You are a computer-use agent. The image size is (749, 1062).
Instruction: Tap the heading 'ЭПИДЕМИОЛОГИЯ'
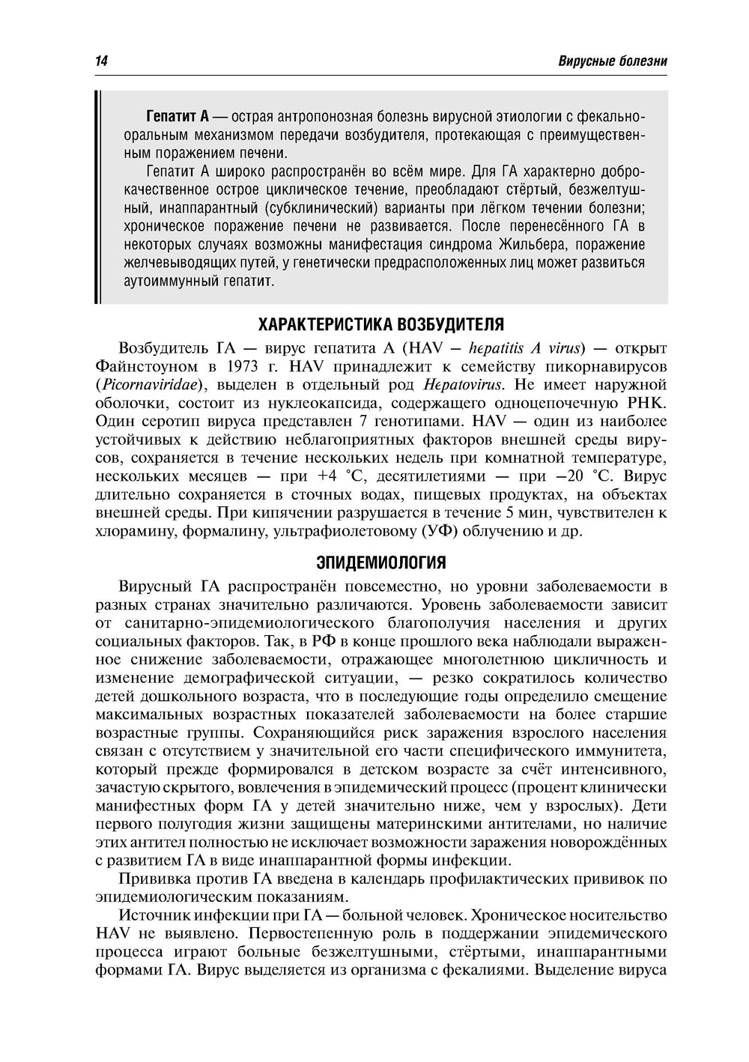click(x=381, y=562)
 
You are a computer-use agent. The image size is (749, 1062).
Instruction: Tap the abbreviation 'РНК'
click(x=649, y=403)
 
